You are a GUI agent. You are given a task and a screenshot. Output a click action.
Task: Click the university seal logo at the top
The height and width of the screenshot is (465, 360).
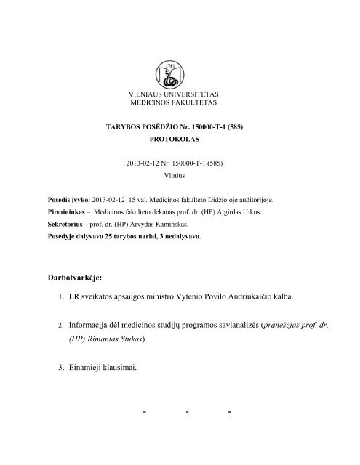click(179, 71)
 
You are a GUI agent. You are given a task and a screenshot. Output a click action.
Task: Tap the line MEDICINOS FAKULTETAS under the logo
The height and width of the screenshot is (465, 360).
click(179, 105)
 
